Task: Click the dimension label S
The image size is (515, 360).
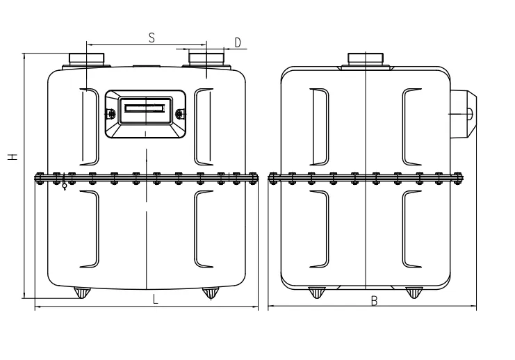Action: (x=151, y=38)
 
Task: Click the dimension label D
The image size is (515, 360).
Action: (x=237, y=43)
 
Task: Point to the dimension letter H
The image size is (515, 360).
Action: (x=13, y=158)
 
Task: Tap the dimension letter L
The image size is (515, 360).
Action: (x=155, y=300)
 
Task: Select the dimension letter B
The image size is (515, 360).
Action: (x=374, y=301)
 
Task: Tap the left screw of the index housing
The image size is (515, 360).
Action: (x=109, y=113)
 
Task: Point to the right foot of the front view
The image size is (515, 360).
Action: (x=210, y=293)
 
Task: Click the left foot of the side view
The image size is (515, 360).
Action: (x=317, y=292)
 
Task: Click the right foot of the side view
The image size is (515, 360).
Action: (x=414, y=292)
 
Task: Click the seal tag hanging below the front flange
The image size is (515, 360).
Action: (x=65, y=186)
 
